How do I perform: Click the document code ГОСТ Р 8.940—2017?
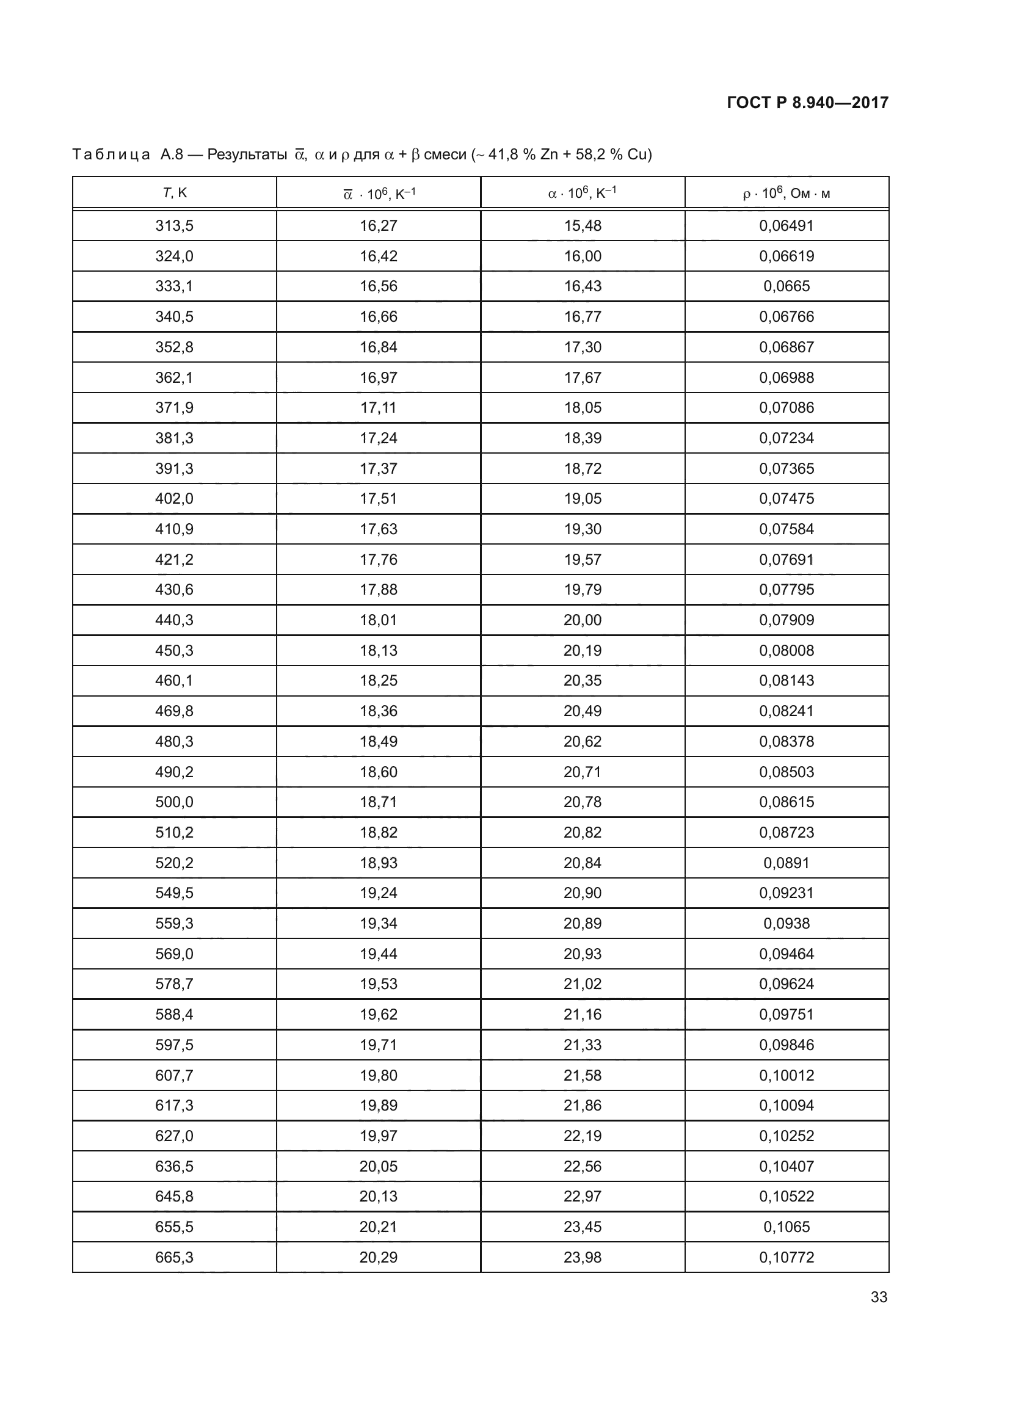(807, 103)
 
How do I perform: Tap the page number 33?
(879, 1297)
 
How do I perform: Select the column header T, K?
(174, 193)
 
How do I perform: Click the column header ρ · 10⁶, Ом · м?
(786, 194)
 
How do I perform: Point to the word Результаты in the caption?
(247, 154)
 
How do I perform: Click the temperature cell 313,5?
(174, 226)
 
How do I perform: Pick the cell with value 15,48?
(582, 226)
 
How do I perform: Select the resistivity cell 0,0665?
(786, 286)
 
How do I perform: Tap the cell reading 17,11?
(378, 407)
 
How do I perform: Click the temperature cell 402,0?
(174, 498)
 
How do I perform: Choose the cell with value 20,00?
(582, 620)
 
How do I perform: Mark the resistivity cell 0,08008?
(786, 651)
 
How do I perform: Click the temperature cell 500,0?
(174, 802)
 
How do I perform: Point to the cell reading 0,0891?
(786, 863)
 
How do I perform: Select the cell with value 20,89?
(582, 923)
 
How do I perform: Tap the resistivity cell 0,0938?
(786, 923)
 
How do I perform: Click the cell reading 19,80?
(378, 1075)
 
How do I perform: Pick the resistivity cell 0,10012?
(786, 1075)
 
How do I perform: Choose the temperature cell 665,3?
(174, 1257)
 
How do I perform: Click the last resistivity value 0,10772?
(786, 1257)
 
